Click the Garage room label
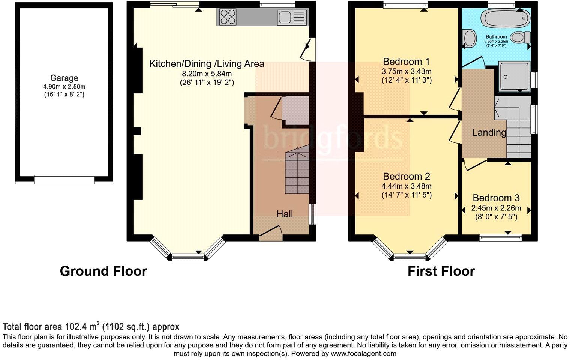[x=64, y=78]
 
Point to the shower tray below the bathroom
[x=514, y=76]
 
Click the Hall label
[x=285, y=214]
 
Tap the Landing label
[x=489, y=132]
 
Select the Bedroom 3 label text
[x=496, y=198]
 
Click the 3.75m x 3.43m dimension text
[x=407, y=71]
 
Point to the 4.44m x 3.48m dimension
[x=407, y=186]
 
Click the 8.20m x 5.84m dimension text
[x=207, y=73]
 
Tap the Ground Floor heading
[x=103, y=271]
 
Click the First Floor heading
[x=441, y=271]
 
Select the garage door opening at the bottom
[x=64, y=180]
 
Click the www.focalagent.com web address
[x=363, y=353]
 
